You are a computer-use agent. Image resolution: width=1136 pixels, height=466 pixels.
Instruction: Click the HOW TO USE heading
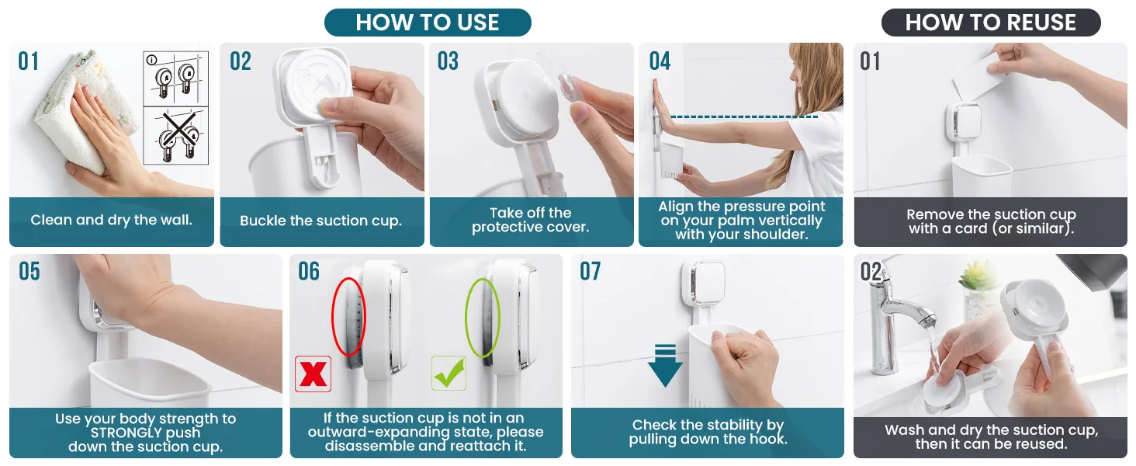click(x=428, y=23)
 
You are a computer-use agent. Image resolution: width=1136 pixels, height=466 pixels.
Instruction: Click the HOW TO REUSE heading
click(x=991, y=23)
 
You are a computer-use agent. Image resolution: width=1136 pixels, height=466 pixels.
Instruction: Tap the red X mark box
click(x=313, y=374)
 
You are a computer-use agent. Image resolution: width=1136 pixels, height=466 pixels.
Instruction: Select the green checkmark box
click(x=449, y=373)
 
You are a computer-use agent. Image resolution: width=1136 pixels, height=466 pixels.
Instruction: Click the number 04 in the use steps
click(x=660, y=61)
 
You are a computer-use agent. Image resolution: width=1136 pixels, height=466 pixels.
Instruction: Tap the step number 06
click(x=309, y=271)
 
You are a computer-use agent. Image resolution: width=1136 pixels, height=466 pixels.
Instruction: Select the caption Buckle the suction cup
click(x=321, y=221)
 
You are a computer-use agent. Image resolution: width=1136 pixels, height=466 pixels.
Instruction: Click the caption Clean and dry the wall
click(x=111, y=220)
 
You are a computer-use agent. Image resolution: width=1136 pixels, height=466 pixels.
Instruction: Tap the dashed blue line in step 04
click(x=744, y=116)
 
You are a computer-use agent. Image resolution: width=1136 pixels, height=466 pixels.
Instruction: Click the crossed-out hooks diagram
click(x=175, y=136)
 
